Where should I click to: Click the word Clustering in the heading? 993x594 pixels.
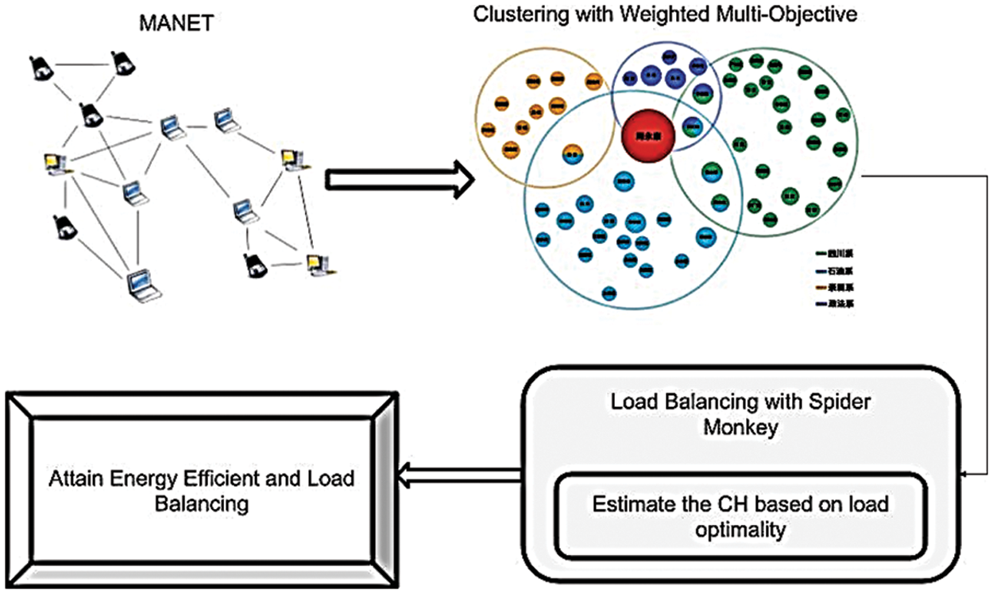coord(512,14)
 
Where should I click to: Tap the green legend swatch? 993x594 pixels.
coord(821,254)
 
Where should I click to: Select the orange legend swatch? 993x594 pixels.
coord(821,286)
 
